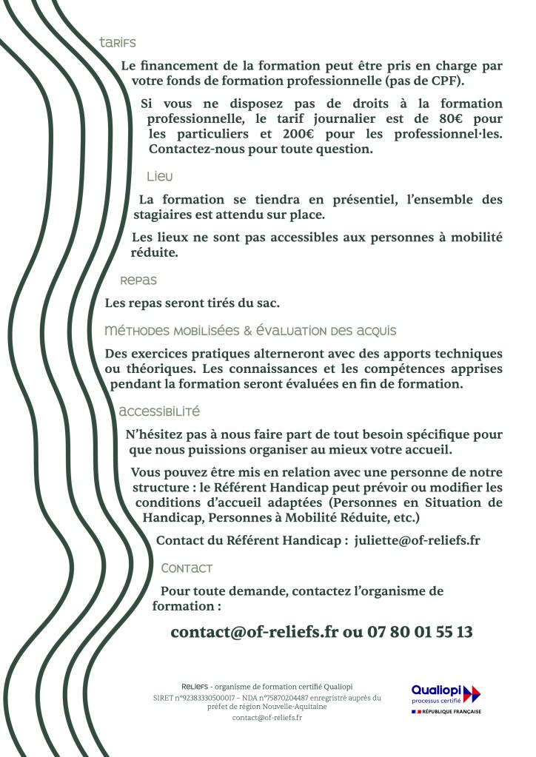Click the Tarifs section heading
(118, 43)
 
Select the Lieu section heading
(159, 177)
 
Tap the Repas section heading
(138, 281)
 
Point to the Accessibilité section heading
(159, 411)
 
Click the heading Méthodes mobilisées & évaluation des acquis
(250, 330)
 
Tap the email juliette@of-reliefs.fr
(417, 540)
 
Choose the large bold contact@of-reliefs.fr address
(254, 632)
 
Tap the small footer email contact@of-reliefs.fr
(267, 718)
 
